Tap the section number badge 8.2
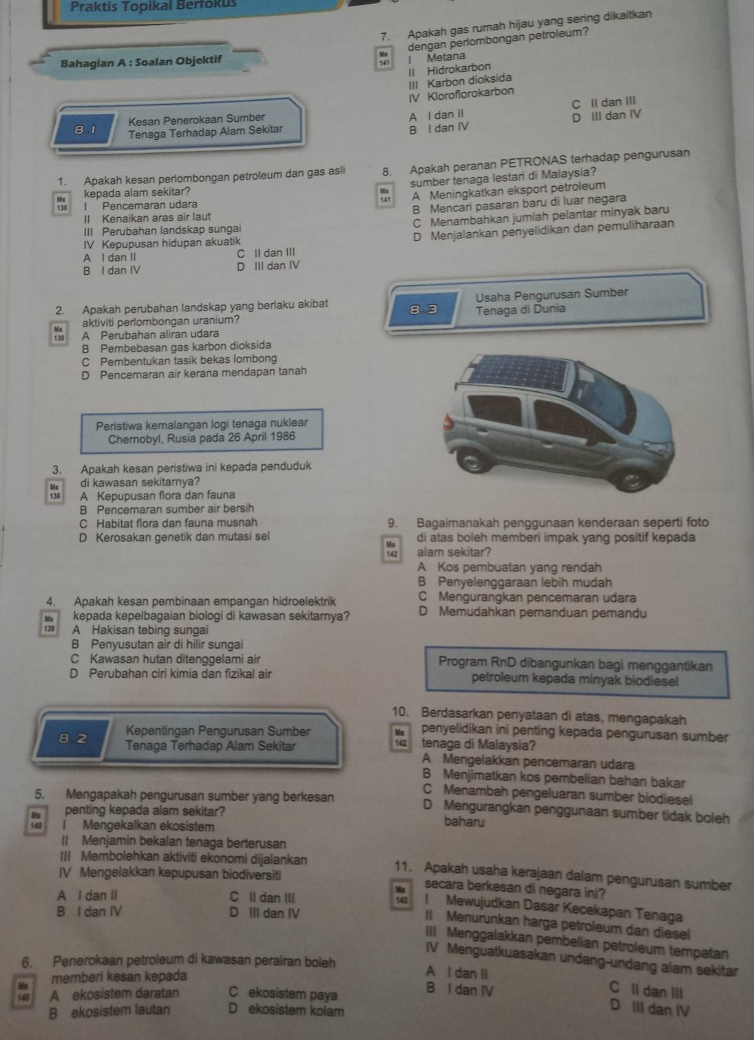(x=82, y=739)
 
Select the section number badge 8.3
(x=423, y=309)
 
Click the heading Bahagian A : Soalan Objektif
(x=142, y=61)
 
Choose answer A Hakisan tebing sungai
(x=138, y=630)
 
